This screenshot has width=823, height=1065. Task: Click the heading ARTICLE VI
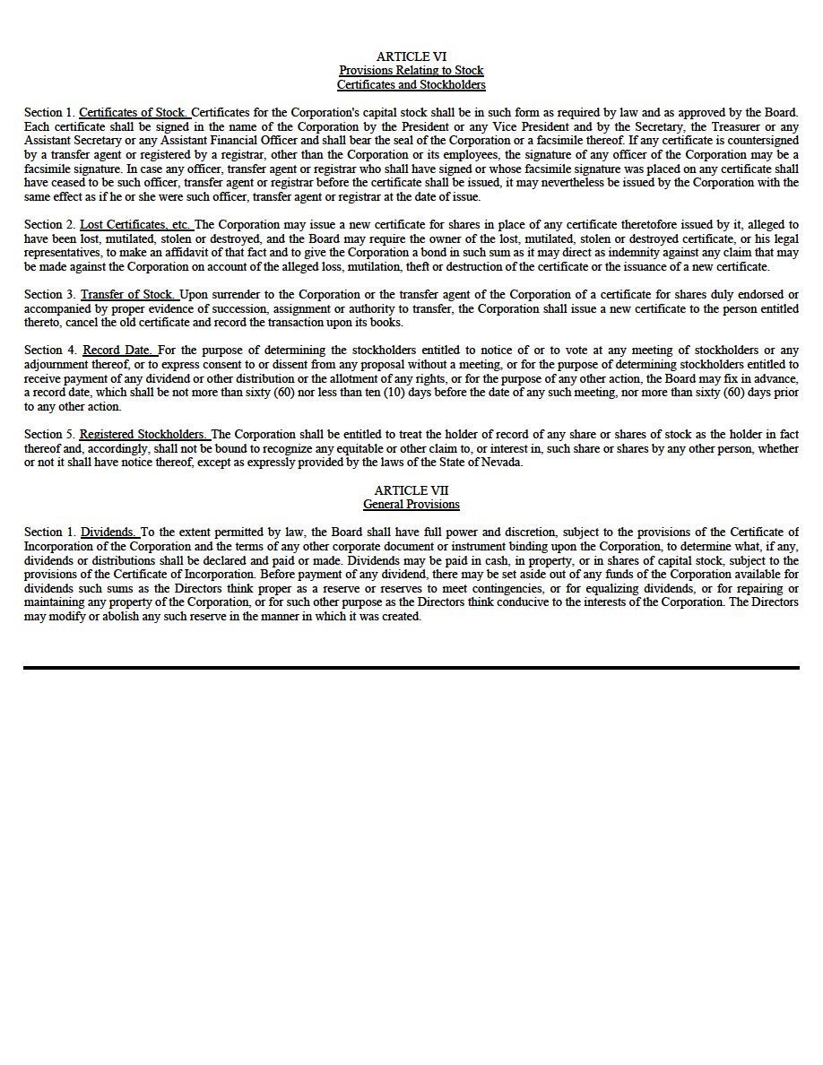[411, 56]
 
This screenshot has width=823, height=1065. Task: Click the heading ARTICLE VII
[411, 490]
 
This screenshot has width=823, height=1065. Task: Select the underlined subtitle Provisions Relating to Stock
[411, 71]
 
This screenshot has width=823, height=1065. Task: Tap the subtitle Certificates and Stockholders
[411, 85]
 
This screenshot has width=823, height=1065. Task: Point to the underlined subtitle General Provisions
[411, 505]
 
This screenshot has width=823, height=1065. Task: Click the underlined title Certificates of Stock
[134, 113]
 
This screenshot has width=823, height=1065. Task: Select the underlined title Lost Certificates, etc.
[135, 224]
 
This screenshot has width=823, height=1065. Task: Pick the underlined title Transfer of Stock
[129, 294]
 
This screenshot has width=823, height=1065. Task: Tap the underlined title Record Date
[119, 351]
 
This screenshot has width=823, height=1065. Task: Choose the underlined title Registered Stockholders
[143, 435]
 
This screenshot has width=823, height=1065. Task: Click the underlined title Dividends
[109, 532]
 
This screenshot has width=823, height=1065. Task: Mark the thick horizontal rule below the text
[411, 668]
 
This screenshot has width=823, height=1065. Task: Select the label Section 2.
[49, 224]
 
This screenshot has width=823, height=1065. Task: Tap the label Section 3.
[49, 294]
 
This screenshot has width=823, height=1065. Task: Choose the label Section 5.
[49, 435]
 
